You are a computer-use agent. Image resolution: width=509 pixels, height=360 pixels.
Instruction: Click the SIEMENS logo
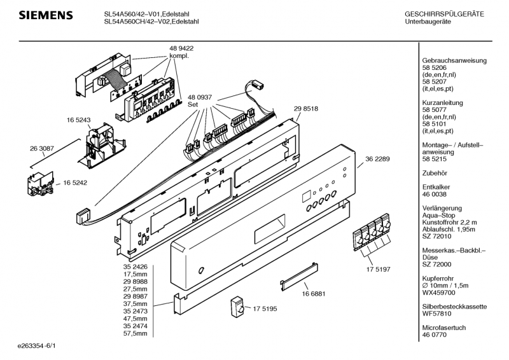point(46,15)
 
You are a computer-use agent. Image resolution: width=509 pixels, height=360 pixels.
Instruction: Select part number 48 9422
point(181,48)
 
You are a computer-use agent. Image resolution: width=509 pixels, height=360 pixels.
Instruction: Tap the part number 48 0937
point(200,97)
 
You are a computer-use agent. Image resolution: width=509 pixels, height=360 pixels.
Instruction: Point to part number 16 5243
point(78,120)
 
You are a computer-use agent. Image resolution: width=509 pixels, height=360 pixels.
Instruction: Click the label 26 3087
point(42,149)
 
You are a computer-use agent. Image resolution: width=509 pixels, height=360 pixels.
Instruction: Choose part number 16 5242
point(75,183)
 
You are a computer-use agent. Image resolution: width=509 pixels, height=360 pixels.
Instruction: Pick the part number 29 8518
point(306,109)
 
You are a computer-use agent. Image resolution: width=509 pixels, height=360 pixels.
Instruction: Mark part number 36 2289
point(377,159)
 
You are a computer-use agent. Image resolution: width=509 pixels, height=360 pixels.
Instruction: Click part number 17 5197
point(378,269)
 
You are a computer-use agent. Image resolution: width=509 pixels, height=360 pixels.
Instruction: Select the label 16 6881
point(313,294)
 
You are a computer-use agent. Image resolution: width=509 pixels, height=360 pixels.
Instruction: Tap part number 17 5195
point(265,308)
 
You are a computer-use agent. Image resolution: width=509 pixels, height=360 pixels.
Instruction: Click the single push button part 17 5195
point(237,307)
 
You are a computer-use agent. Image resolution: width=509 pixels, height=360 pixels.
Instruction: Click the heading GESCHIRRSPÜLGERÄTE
point(444,14)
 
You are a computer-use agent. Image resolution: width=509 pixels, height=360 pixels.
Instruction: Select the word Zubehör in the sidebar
point(435,173)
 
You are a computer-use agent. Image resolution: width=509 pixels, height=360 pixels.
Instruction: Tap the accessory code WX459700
point(438,293)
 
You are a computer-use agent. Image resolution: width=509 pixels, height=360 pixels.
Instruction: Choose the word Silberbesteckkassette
point(454,307)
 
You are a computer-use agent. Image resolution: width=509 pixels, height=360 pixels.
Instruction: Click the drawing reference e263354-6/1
point(37,346)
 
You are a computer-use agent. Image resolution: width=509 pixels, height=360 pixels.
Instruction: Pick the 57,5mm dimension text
point(135,333)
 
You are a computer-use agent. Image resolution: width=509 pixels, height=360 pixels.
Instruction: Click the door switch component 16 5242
point(41,183)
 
